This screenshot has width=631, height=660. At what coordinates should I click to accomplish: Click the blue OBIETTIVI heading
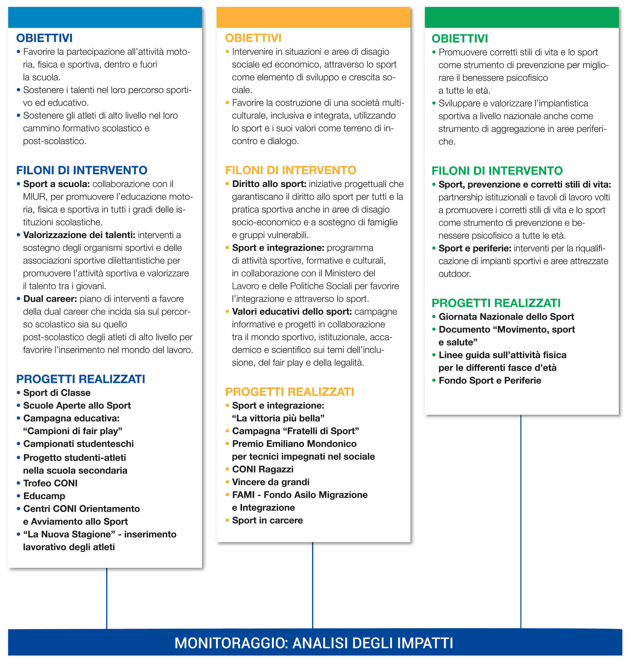[44, 38]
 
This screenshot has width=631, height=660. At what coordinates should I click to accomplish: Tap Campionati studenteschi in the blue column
[78, 444]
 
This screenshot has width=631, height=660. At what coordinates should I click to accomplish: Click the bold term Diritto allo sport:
[269, 184]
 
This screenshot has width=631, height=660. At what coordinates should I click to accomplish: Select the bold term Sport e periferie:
[475, 248]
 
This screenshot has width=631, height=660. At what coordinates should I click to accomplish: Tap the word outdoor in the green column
[454, 274]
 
